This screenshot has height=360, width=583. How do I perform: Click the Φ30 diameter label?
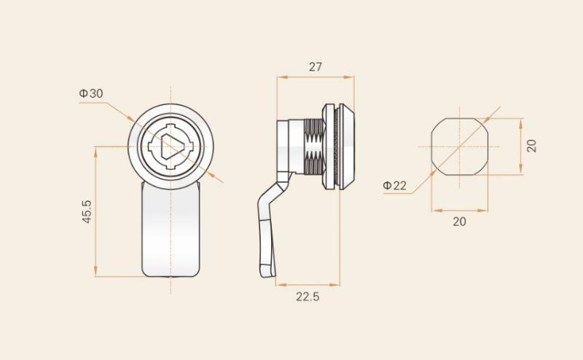[91, 93]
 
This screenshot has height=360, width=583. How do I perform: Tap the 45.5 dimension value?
[87, 211]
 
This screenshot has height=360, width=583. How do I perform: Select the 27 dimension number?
[316, 67]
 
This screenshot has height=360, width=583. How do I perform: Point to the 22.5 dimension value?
[308, 297]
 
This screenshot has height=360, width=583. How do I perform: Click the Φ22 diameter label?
[395, 185]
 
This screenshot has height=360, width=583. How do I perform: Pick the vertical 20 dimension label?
[532, 146]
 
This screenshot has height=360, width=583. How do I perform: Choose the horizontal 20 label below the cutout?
[459, 222]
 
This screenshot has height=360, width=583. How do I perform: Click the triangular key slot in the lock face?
[171, 146]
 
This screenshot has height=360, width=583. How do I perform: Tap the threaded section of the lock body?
[313, 146]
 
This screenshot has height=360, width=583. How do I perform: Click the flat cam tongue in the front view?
[171, 230]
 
